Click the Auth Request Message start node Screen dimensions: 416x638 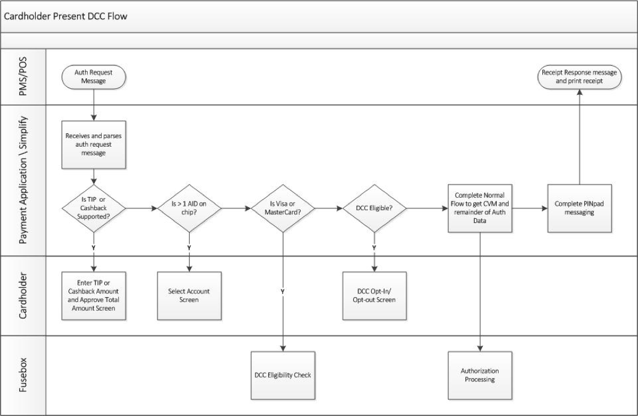(94, 77)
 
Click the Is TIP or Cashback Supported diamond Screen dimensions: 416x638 (94, 209)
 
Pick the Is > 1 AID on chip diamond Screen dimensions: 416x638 (189, 209)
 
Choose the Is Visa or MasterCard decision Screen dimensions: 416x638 (283, 209)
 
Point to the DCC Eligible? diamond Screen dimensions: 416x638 (374, 209)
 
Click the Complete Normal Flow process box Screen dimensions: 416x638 (481, 209)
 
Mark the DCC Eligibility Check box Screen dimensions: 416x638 (283, 375)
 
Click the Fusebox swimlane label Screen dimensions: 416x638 (23, 375)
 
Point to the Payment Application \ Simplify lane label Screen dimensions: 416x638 (23, 180)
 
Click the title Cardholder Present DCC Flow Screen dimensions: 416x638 (66, 16)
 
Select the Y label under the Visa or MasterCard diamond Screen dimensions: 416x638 (283, 290)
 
